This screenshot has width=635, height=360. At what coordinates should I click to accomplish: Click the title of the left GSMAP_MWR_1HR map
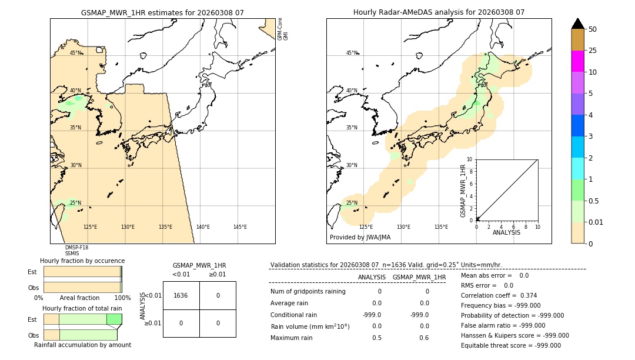162,12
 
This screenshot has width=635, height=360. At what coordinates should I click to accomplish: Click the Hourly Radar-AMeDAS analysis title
439,12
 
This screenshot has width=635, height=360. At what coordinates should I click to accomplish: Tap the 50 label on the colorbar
593,29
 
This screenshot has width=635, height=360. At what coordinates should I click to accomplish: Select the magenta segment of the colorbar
577,61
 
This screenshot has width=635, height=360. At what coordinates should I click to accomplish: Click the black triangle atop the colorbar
577,24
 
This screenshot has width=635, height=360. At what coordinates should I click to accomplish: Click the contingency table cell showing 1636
181,295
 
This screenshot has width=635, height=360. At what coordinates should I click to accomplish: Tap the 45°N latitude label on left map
76,53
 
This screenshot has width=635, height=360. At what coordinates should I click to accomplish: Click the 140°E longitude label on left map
203,227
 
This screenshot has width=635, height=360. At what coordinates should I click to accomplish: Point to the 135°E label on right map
441,227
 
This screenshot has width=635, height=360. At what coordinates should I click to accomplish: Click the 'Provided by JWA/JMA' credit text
360,238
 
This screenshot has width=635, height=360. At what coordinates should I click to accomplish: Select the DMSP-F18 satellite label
76,248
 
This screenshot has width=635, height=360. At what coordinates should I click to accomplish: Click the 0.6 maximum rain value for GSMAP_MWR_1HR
424,338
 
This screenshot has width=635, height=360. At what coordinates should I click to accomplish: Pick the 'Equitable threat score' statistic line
510,345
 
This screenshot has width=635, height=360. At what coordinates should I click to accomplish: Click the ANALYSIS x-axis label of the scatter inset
506,232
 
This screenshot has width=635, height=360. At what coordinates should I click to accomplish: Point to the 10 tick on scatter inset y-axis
469,159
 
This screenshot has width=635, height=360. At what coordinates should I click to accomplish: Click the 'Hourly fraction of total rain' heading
82,308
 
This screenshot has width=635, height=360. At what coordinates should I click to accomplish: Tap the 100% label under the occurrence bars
122,298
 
